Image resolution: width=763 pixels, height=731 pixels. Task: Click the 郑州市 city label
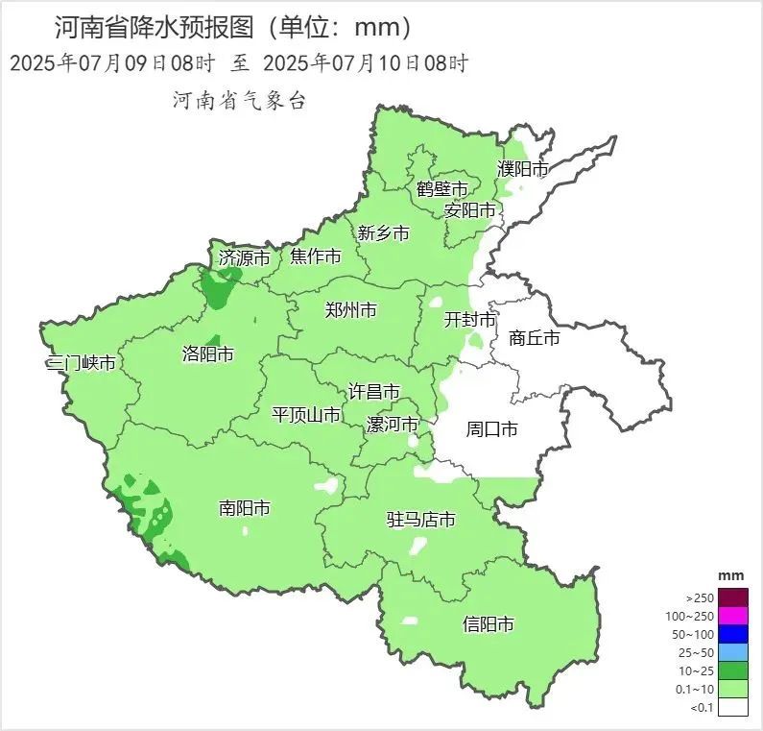pos(350,310)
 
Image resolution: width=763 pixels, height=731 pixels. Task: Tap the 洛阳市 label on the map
pos(207,354)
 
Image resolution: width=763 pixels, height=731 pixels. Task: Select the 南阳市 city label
pos(244,508)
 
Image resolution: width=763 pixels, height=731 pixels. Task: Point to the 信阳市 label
pos(488,624)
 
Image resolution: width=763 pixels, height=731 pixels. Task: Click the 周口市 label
pos(491,429)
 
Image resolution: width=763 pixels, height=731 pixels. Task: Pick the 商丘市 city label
pos(535,338)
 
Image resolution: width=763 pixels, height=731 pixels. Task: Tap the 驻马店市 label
pos(420,520)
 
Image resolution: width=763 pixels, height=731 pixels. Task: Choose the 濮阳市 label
pos(523,169)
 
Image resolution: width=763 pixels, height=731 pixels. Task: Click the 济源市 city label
pos(245,257)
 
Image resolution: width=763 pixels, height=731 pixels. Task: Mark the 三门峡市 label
pos(82,364)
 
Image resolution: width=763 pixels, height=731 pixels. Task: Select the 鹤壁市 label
pos(442,188)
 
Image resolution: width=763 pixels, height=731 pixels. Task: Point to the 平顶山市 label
pos(306,415)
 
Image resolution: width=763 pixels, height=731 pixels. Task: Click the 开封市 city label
pos(469,320)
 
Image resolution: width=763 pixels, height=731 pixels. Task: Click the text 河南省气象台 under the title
pos(239,101)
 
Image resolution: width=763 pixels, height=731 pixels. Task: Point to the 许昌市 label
pos(373,392)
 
